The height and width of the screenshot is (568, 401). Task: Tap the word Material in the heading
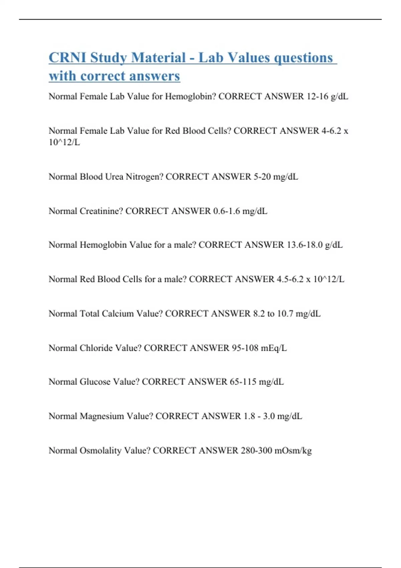[158, 57]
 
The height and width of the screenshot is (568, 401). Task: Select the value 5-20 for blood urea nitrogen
[262, 177]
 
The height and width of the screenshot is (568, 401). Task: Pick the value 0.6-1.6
[226, 211]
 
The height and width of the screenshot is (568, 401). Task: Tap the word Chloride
[96, 348]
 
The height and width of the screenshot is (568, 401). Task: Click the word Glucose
[95, 382]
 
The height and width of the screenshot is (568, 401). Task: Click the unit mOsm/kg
[293, 451]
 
